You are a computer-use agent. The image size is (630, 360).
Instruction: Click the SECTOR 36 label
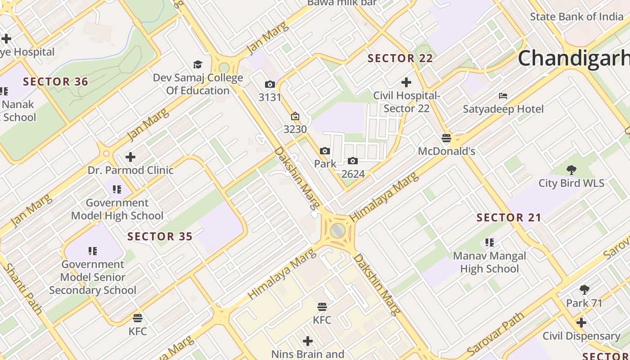(x=55, y=82)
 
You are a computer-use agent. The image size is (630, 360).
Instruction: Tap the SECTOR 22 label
(x=400, y=58)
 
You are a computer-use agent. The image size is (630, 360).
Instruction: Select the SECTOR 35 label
(x=160, y=236)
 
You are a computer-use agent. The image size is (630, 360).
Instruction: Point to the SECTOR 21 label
(x=509, y=218)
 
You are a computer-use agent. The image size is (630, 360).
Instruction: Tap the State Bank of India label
(x=576, y=17)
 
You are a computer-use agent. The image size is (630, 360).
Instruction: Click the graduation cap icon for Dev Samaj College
(x=198, y=65)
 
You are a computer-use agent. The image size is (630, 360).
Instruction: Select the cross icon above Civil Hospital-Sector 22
(x=406, y=82)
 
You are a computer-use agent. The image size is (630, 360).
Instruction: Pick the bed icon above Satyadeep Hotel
(x=503, y=96)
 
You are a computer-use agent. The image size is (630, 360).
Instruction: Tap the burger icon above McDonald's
(x=446, y=138)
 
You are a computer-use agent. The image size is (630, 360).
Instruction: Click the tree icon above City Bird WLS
(x=571, y=170)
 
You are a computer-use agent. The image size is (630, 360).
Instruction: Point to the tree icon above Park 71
(x=584, y=290)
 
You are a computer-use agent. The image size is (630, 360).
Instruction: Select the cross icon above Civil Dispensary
(x=581, y=323)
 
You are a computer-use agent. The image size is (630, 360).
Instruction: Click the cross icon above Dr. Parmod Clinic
(x=130, y=157)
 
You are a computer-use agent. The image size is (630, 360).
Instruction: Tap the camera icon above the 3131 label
(x=270, y=85)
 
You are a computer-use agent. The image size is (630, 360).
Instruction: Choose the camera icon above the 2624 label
(x=353, y=161)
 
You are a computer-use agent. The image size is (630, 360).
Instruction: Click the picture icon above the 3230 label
(x=295, y=117)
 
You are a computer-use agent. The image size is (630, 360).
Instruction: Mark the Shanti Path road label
(x=23, y=288)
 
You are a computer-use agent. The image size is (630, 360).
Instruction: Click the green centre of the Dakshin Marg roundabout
(x=337, y=231)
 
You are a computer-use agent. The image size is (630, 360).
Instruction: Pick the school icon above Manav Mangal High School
(x=490, y=243)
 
